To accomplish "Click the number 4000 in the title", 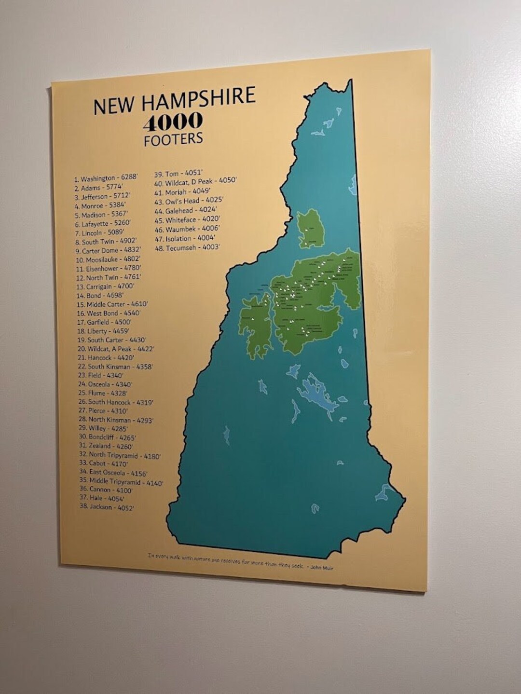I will (x=173, y=122).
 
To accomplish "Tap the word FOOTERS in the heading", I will (x=173, y=139).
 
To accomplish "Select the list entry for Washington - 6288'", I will (x=106, y=178).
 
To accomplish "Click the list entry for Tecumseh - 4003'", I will (x=187, y=248).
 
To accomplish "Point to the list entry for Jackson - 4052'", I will (x=107, y=507).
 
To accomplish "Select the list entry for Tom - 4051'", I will (x=178, y=174).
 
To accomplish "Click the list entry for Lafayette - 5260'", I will (x=103, y=224).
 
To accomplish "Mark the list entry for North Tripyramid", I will (x=120, y=455).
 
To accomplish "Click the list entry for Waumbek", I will (x=187, y=229).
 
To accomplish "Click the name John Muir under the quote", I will (x=322, y=568).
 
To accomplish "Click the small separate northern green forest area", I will (x=311, y=229).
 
